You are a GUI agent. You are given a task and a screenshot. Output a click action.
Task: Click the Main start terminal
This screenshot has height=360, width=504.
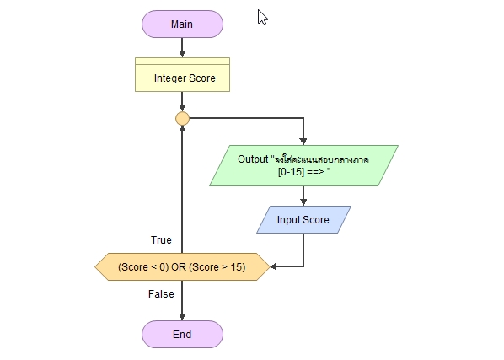[x=182, y=24]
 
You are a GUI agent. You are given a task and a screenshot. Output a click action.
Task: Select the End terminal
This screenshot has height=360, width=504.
[x=182, y=334]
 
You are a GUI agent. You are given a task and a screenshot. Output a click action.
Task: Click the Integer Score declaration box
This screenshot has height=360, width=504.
[x=182, y=74]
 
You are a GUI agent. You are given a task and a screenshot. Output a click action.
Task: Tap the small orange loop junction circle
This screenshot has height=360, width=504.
[x=182, y=119]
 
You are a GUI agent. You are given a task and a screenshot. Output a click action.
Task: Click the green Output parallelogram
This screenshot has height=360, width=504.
[x=303, y=165]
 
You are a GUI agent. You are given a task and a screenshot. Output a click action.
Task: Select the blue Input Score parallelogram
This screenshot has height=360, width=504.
[x=303, y=219]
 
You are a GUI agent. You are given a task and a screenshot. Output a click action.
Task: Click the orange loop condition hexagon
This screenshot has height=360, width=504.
[x=182, y=266]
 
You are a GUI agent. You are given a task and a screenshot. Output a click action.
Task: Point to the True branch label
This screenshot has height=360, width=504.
[x=161, y=240]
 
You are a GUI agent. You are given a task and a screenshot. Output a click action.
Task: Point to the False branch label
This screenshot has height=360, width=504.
[x=161, y=294]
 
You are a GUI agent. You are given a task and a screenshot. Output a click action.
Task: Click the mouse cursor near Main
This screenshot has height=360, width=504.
[x=262, y=18]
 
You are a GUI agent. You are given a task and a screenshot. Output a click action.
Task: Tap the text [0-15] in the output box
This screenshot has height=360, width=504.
[x=291, y=172]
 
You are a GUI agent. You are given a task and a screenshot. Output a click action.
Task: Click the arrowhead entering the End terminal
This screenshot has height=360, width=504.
[x=182, y=317]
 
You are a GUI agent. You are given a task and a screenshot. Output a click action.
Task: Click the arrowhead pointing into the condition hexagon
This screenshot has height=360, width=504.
[x=274, y=266]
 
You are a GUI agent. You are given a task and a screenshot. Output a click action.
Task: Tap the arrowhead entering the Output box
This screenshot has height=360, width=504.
[x=303, y=142]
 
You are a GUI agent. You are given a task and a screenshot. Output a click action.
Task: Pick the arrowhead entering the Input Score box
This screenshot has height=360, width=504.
[x=303, y=202]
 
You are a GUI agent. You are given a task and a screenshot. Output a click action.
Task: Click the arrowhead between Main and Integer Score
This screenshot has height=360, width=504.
[x=182, y=54]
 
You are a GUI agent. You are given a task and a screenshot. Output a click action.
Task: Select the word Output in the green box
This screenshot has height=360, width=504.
[x=253, y=159]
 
